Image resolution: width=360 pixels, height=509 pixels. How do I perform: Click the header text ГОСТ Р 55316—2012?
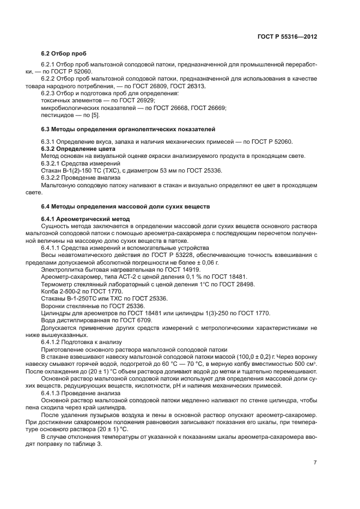pos(287,36)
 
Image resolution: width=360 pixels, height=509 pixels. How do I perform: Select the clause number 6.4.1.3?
pos(53,393)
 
